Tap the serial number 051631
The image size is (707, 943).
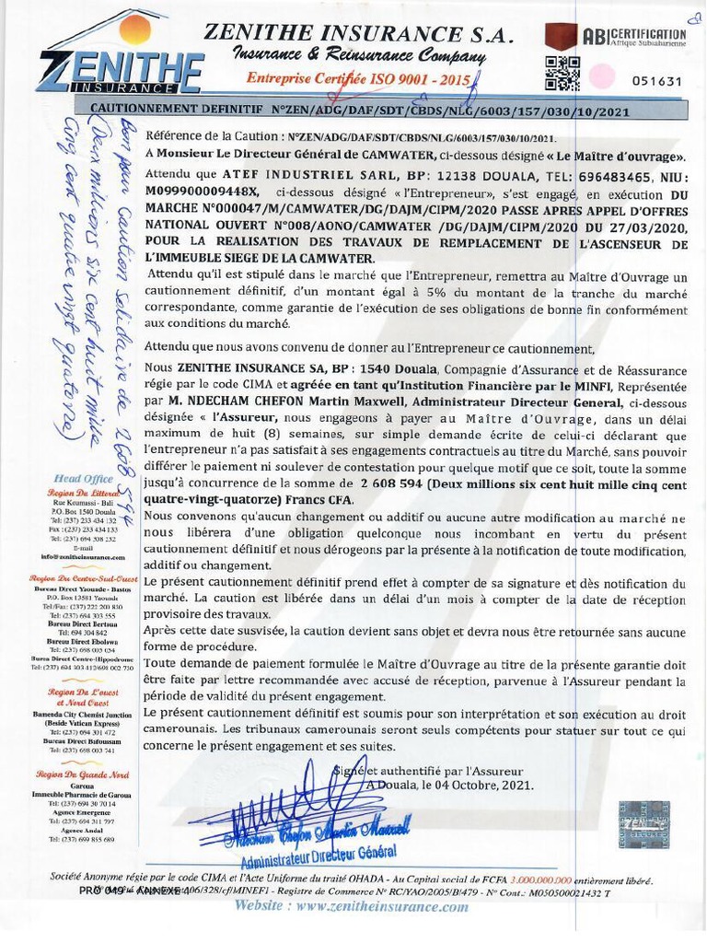(x=656, y=81)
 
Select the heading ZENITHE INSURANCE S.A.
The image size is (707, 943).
(x=359, y=33)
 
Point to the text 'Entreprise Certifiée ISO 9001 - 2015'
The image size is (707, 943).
(x=358, y=79)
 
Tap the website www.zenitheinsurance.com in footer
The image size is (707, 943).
(x=352, y=906)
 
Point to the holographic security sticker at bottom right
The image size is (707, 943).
(x=643, y=823)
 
